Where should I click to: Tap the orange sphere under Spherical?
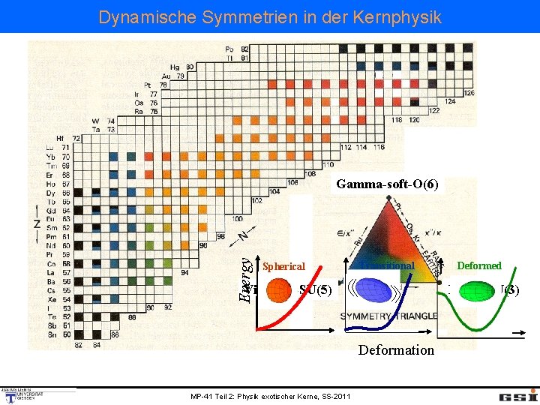pos(277,289)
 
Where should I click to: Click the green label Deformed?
pos(479,265)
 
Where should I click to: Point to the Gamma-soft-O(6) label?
pos(389,184)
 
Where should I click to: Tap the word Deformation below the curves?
pos(396,349)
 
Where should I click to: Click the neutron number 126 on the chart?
pos(469,93)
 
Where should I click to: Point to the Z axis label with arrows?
pos(35,223)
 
